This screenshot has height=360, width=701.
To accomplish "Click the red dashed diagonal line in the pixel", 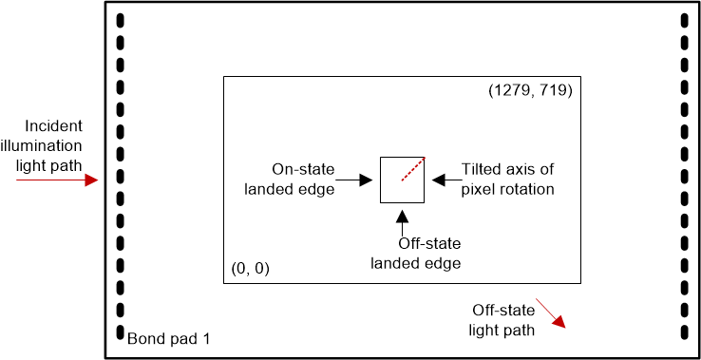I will tap(411, 169).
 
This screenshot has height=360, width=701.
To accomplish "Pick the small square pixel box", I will tap(402, 179).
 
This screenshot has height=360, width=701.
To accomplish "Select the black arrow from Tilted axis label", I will tap(445, 179).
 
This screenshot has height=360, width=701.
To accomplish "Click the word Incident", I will tap(54, 125).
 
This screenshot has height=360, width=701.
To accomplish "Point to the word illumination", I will tap(48, 144).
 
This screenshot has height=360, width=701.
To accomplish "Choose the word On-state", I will tap(303, 169).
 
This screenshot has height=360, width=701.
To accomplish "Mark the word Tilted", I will tap(482, 169).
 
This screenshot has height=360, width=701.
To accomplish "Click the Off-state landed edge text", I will tap(415, 254).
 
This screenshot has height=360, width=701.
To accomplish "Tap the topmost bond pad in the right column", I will tap(684, 21).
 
